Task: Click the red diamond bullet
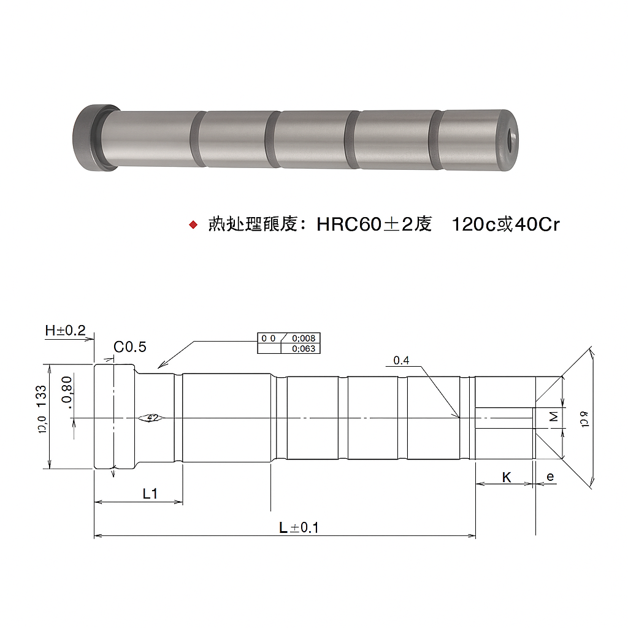click(193, 225)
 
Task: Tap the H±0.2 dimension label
click(65, 331)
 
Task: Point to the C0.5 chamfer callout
click(130, 347)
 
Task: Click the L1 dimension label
click(150, 494)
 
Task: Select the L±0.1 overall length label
click(299, 527)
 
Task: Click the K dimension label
click(507, 477)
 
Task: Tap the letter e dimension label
click(549, 477)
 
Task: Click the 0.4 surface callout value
click(401, 361)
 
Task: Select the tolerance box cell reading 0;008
click(303, 339)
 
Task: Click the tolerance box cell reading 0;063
click(303, 349)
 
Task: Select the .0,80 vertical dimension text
click(67, 392)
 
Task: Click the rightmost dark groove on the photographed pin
click(435, 140)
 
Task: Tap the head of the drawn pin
click(114, 417)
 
